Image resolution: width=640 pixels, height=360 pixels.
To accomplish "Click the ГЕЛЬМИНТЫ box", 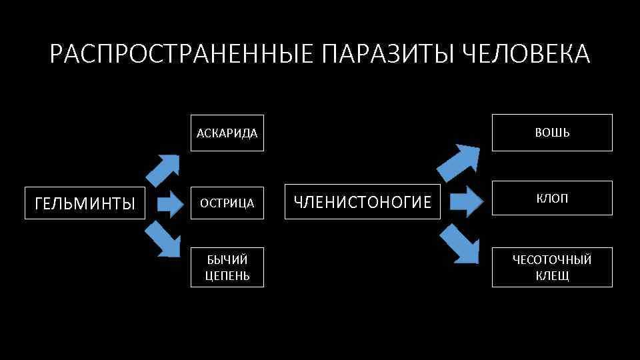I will tap(84, 203).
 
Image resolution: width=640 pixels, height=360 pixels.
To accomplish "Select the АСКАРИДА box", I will tap(227, 133).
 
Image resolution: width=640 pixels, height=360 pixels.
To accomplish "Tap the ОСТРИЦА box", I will tap(227, 203).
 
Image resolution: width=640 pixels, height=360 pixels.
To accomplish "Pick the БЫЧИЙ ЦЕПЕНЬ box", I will tap(227, 267).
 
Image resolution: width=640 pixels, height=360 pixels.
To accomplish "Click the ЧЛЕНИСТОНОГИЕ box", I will tap(363, 201).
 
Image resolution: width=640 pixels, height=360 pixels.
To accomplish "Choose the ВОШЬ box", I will tap(552, 133).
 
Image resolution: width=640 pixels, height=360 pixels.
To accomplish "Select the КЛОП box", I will tap(552, 198).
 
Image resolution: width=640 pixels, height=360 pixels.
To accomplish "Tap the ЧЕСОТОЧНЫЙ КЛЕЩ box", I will tap(552, 267).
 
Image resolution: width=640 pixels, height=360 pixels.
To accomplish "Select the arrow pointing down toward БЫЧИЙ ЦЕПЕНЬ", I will tap(163, 239).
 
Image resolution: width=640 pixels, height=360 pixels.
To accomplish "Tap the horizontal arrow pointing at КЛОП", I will tap(467, 201).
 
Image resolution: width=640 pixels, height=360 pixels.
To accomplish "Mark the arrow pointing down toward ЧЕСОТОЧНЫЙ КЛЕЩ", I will tap(461, 244).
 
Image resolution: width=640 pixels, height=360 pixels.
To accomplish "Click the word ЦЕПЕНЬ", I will tap(227, 275).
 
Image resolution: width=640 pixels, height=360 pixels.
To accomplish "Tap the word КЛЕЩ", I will tap(552, 275).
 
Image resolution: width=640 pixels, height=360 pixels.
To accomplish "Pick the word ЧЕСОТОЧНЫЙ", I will tap(552, 259).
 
